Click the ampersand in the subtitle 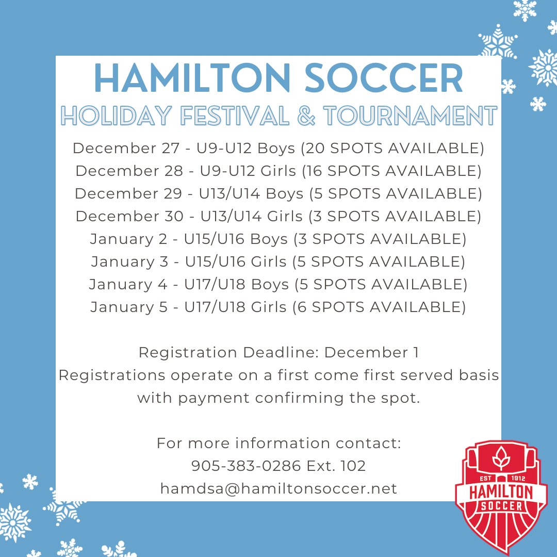coord(307,116)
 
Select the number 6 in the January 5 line coord(302,307)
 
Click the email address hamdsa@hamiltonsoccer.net coord(278,489)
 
